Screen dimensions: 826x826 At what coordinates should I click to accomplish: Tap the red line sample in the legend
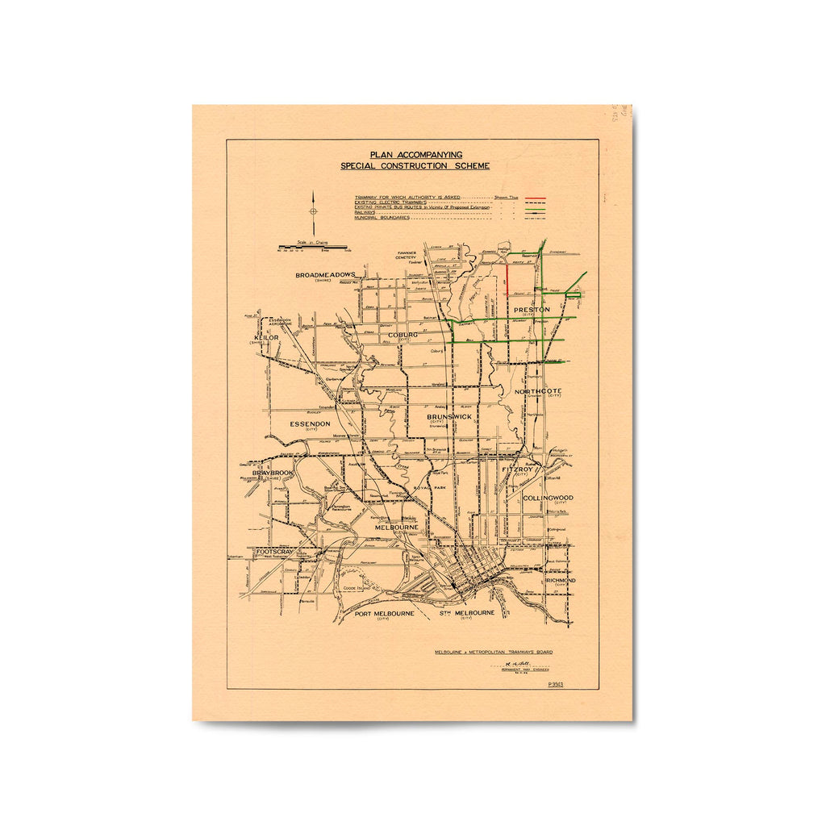(536, 198)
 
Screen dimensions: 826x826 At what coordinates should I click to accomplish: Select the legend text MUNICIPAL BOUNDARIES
(382, 218)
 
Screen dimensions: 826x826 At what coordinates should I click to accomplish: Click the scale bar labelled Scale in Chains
(313, 246)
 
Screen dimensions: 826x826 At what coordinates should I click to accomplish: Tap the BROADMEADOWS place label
(325, 275)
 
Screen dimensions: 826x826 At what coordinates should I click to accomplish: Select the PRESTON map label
(532, 309)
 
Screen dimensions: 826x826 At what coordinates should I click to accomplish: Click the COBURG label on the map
(403, 335)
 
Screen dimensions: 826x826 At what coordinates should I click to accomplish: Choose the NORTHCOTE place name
(538, 391)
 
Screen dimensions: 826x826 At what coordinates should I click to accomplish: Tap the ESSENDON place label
(310, 423)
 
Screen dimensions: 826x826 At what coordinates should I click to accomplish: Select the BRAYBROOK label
(273, 473)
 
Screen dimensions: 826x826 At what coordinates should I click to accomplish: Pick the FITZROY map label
(518, 469)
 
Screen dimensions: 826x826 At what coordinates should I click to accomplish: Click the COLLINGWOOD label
(548, 498)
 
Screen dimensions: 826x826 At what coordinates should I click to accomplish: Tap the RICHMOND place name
(561, 581)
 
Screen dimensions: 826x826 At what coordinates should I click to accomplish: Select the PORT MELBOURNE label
(385, 613)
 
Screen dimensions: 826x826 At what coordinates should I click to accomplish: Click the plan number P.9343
(555, 685)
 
